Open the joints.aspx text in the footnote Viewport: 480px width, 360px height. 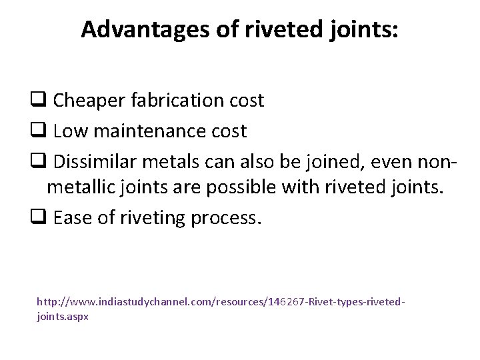click(63, 317)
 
